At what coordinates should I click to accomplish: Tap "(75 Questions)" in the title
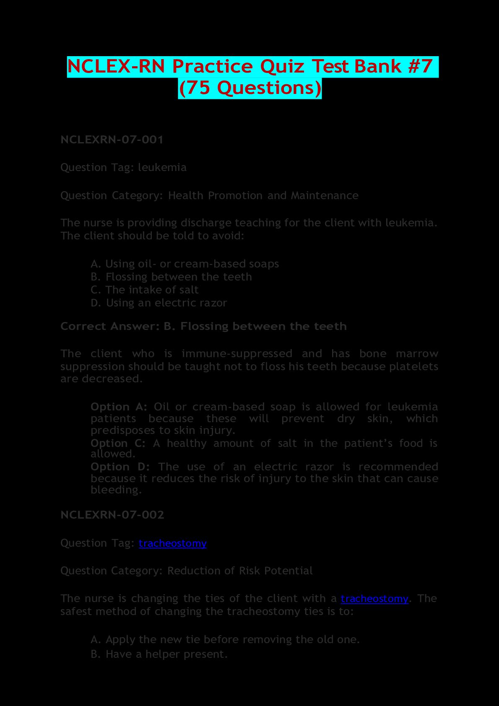point(250,88)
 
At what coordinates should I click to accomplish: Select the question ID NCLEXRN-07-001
point(112,140)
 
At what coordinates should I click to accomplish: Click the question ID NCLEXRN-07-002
point(112,515)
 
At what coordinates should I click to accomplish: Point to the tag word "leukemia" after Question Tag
point(162,168)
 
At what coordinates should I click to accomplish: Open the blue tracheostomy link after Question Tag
point(172,543)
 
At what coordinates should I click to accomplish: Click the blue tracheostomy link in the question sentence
point(374,599)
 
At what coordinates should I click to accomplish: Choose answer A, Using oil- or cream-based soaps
point(185,264)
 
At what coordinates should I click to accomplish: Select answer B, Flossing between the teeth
point(171,277)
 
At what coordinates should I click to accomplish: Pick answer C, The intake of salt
point(145,290)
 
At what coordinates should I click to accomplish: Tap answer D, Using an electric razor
point(159,303)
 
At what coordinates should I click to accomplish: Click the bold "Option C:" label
point(118,443)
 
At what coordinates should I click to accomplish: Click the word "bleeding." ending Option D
point(116,490)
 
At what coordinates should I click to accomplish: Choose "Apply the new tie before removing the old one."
point(225,639)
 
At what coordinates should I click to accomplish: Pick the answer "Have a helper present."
point(159,654)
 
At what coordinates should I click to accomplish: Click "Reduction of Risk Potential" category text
point(240,571)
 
